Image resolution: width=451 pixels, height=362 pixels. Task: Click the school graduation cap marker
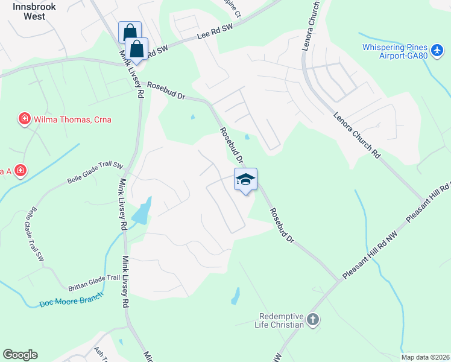coord(245,180)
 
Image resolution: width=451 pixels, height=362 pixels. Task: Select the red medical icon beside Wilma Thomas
coord(25,119)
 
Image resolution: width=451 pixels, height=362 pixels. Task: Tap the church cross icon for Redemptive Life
coord(312,320)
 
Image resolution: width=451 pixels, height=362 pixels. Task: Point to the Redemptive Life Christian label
coord(281,320)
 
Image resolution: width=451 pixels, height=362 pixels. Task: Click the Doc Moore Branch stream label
coord(71,299)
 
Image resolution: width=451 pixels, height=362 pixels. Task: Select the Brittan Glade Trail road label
coord(93,278)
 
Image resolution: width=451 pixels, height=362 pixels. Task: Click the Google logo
coord(20,355)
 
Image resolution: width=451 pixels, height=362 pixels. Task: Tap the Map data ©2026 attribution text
coord(425,357)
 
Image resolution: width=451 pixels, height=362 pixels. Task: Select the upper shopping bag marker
coord(130,32)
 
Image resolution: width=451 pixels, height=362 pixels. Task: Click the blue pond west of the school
coord(142,212)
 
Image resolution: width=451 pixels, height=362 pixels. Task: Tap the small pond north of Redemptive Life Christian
coord(236,296)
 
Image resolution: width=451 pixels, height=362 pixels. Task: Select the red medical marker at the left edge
coord(20,171)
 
